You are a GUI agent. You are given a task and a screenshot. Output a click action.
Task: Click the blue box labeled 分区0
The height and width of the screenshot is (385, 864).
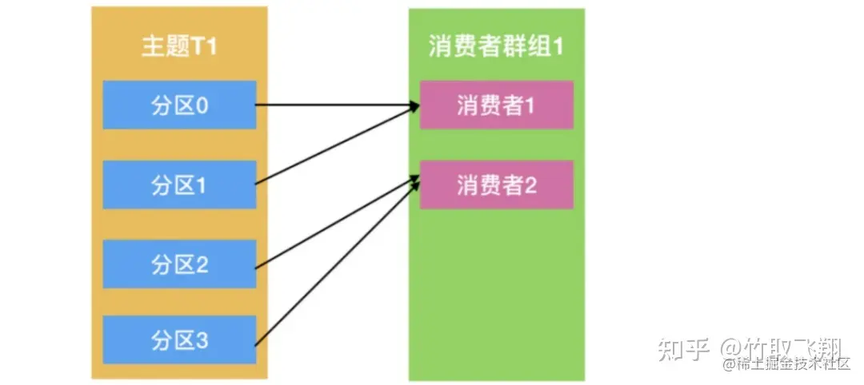[179, 105]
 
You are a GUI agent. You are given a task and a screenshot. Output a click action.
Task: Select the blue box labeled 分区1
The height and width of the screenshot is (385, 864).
[179, 185]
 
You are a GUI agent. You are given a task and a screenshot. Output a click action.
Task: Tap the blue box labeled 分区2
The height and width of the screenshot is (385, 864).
[179, 264]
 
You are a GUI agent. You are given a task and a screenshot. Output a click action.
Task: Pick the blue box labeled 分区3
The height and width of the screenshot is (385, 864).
[179, 339]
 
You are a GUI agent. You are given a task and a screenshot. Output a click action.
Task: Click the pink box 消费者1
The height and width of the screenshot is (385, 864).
[496, 105]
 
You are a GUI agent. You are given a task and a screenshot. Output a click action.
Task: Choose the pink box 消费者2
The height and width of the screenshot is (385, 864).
[496, 185]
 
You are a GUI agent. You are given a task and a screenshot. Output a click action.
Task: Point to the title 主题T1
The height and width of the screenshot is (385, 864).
[179, 46]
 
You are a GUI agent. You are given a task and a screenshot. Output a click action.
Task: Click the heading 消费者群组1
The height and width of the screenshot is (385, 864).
[496, 46]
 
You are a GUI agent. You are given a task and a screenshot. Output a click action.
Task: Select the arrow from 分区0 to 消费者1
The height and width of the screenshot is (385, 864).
[336, 105]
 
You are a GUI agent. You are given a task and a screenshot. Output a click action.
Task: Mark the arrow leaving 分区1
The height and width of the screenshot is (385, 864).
[336, 145]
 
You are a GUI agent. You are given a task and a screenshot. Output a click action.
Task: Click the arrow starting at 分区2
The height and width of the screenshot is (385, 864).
[336, 224]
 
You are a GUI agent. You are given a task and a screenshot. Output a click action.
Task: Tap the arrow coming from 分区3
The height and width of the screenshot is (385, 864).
[336, 264]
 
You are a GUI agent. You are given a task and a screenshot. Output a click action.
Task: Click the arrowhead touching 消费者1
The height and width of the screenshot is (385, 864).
[413, 106]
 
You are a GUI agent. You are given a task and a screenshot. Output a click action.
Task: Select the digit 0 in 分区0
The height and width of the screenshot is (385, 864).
[202, 105]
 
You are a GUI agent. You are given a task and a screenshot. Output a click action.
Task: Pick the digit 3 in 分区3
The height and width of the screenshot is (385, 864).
[202, 339]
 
